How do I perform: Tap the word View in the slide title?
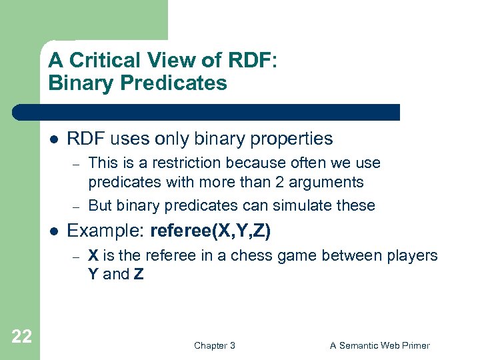point(167,61)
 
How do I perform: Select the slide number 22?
point(21,337)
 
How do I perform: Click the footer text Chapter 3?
point(214,345)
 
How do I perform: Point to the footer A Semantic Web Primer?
point(380,345)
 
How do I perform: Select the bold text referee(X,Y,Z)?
point(211,231)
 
